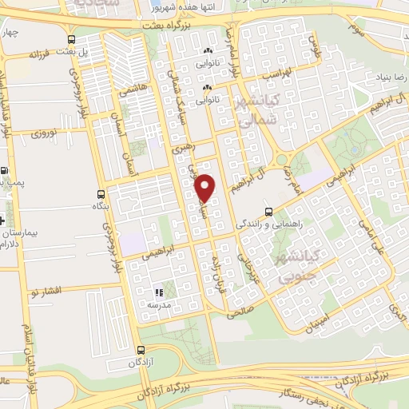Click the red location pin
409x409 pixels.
tap(206, 187)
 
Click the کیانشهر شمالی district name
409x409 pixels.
tap(256, 112)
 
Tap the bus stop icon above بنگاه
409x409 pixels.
tap(100, 194)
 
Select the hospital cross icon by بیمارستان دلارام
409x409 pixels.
tap(7, 217)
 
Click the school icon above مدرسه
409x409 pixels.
tap(158, 292)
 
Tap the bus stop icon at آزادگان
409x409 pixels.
tap(141, 350)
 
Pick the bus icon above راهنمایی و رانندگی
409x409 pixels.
tap(268, 212)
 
